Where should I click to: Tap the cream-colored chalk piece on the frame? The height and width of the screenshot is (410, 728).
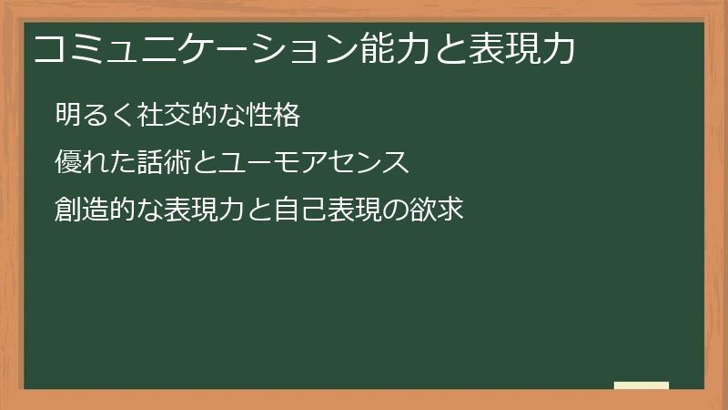tap(641, 385)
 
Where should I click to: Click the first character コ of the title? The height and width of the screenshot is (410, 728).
tap(47, 50)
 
